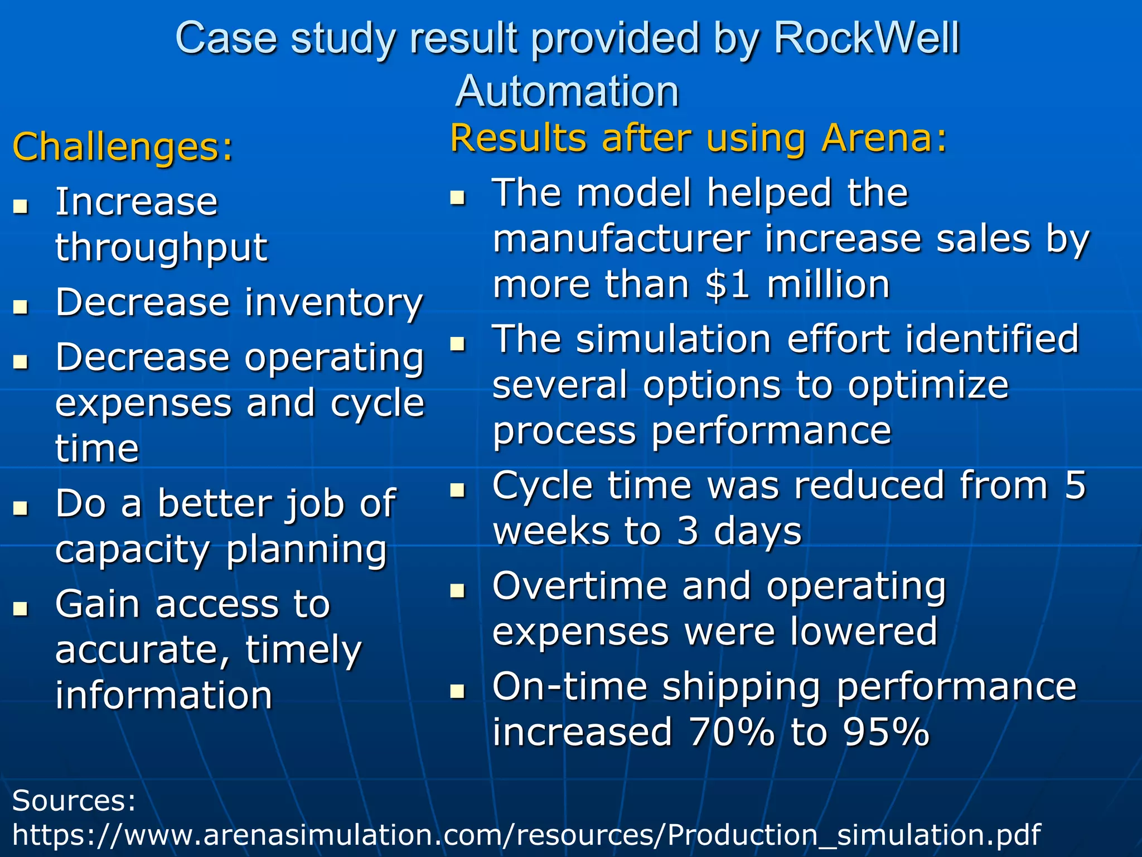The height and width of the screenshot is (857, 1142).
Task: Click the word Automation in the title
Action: [568, 91]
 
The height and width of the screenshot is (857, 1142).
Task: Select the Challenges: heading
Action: [123, 147]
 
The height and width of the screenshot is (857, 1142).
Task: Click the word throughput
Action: [161, 248]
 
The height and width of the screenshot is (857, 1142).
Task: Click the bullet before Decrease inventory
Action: [21, 306]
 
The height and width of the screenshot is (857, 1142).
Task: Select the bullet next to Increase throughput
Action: [21, 206]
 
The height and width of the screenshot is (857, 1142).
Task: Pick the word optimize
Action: [928, 386]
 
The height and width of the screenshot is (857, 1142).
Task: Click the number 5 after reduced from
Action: [1075, 485]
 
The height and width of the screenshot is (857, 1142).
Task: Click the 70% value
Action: [732, 731]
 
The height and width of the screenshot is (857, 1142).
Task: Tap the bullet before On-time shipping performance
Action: [458, 691]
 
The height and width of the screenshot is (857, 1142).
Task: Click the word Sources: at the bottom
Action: [74, 801]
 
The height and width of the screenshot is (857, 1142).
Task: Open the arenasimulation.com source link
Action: [526, 835]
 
